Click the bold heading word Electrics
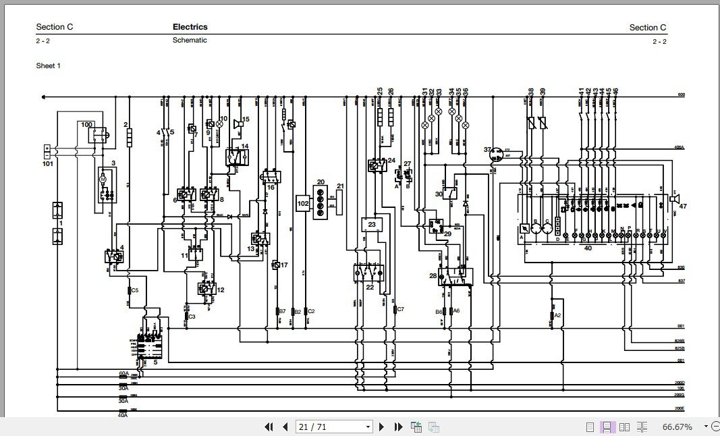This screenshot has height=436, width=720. [x=190, y=27]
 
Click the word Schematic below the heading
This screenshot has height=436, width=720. [x=190, y=40]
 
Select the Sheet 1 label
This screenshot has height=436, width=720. [x=49, y=65]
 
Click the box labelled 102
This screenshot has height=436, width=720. [x=303, y=203]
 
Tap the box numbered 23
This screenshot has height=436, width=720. [x=372, y=223]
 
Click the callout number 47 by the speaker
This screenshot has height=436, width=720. [x=682, y=206]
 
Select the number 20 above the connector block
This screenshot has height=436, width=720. [x=321, y=182]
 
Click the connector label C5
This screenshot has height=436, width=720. [x=135, y=290]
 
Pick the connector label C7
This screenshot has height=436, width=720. [x=400, y=309]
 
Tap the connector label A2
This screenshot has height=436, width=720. [x=557, y=315]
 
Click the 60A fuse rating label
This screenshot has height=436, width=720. [x=123, y=373]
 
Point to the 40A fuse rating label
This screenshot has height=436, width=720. [x=123, y=414]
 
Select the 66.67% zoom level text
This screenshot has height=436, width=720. [x=677, y=427]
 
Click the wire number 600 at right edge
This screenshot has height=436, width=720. [x=681, y=94]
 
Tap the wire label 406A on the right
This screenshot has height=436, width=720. [x=679, y=147]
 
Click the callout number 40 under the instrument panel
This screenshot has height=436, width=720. [x=587, y=248]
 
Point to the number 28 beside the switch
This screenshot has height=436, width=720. [x=433, y=275]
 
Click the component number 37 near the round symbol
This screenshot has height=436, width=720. [x=487, y=150]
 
